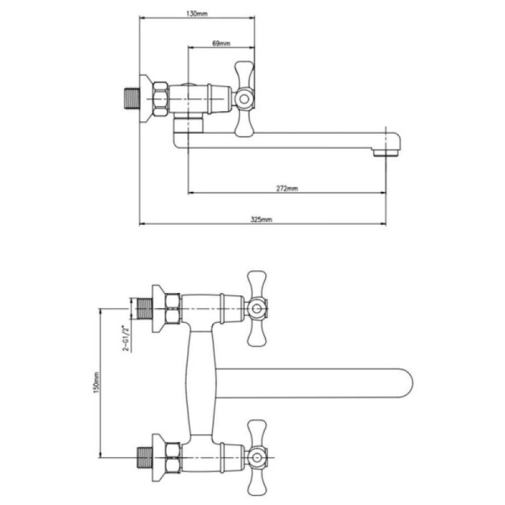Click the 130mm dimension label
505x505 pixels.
pos(197,14)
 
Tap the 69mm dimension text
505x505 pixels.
pos(221,43)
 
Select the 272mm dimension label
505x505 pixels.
pos(287,188)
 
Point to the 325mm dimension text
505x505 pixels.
pos(261,220)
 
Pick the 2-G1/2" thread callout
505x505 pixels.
pos(126,338)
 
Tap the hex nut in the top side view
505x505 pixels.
pos(161,99)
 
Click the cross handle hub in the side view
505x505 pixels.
pos(244,98)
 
